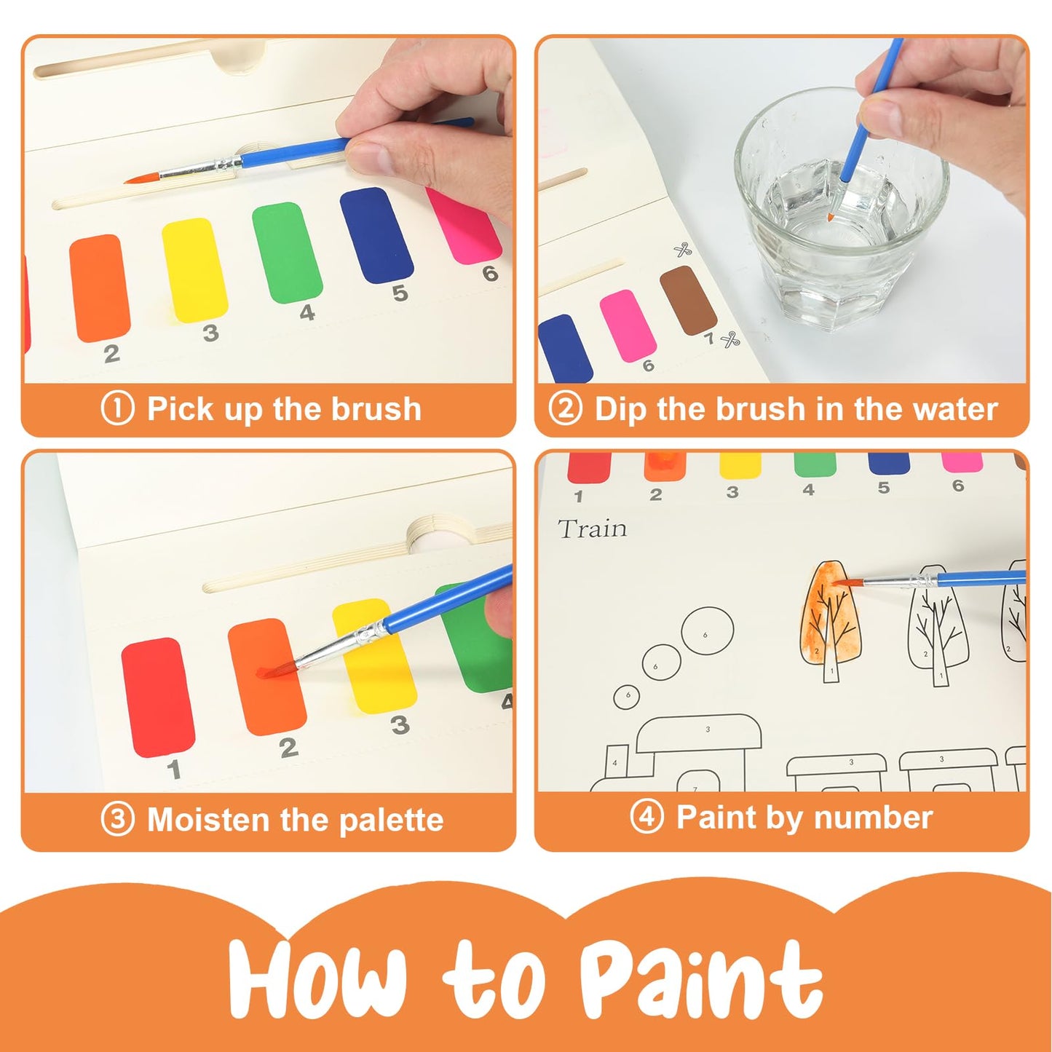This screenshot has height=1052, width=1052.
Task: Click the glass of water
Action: pyautogui.click(x=841, y=218)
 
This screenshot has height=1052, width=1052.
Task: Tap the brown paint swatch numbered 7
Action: pyautogui.click(x=688, y=300)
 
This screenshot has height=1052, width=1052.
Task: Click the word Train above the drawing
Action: pyautogui.click(x=592, y=529)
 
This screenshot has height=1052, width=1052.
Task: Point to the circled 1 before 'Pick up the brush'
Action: pyautogui.click(x=117, y=408)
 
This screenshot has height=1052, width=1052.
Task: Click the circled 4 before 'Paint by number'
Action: pyautogui.click(x=646, y=817)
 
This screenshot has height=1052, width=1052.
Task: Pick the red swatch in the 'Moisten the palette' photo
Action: pyautogui.click(x=158, y=696)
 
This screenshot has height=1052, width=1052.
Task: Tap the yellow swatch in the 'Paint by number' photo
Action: pyautogui.click(x=740, y=464)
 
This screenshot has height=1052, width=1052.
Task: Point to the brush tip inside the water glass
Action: pyautogui.click(x=831, y=217)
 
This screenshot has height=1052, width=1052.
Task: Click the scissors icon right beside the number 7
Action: pyautogui.click(x=729, y=339)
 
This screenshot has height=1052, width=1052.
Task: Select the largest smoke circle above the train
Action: pyautogui.click(x=706, y=633)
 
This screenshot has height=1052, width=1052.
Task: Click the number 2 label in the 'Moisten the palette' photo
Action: pyautogui.click(x=288, y=747)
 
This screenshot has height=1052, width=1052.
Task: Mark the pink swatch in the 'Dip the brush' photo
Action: pyautogui.click(x=628, y=325)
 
